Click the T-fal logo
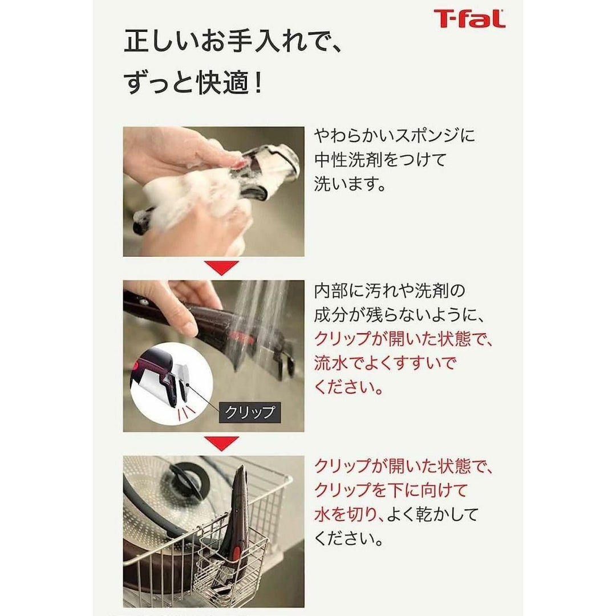(469, 18)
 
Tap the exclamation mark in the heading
(258, 83)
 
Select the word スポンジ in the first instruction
(422, 136)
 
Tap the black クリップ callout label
(250, 412)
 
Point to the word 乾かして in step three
(447, 514)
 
